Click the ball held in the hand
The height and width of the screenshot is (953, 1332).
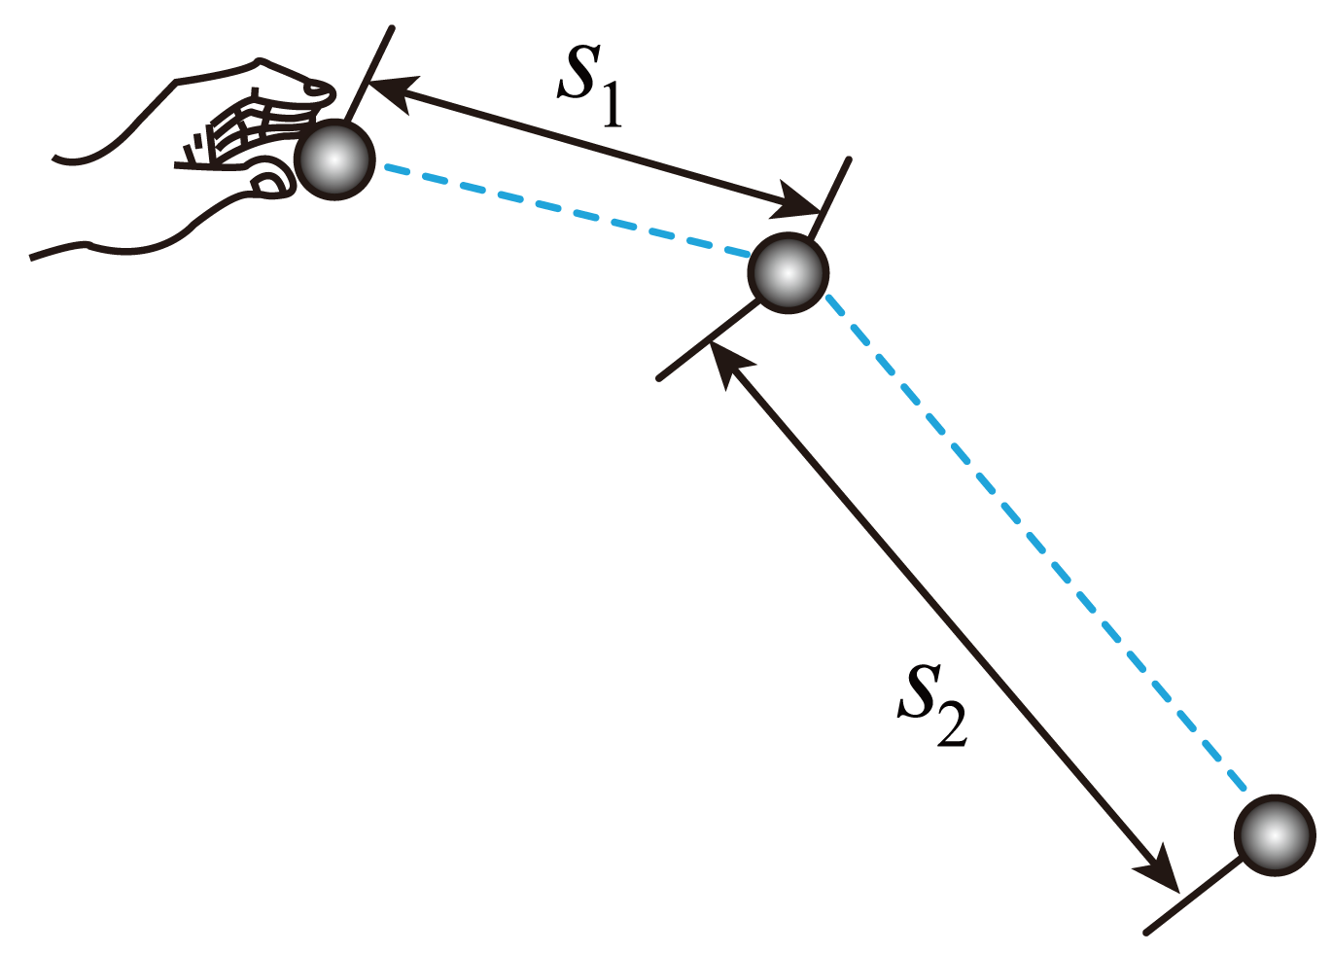334,159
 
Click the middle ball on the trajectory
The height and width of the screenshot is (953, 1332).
788,273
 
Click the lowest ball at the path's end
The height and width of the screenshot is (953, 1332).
1275,835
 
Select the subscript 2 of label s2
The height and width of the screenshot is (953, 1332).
952,724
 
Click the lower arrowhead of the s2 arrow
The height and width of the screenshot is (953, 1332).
1158,868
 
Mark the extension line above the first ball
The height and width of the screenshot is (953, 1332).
368,74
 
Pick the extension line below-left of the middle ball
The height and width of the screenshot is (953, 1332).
708,339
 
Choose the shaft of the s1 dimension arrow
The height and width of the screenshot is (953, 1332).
593,147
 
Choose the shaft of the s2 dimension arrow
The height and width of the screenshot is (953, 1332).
944,617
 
